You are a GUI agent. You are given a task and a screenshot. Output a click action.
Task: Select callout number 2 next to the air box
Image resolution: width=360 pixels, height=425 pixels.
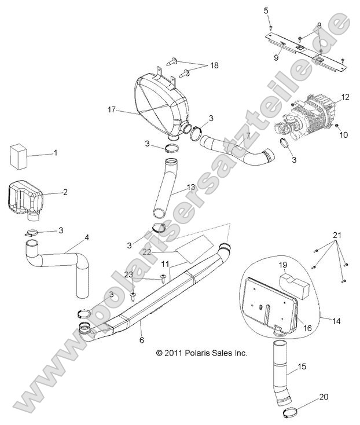tap(65, 192)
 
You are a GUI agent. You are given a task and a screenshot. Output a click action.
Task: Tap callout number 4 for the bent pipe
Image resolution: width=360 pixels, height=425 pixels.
tap(87, 237)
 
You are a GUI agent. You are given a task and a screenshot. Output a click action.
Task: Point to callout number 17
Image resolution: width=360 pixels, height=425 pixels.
tap(112, 108)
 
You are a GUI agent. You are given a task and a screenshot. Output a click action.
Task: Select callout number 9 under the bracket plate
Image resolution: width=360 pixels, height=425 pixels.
tap(277, 58)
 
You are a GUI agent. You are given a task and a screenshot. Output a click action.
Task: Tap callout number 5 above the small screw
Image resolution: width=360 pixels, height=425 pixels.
tap(266, 10)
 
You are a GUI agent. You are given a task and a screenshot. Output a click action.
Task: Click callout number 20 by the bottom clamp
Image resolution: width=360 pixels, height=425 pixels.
tap(323, 397)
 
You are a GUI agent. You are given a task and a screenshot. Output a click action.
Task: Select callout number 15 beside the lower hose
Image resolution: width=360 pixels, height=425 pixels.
tap(301, 367)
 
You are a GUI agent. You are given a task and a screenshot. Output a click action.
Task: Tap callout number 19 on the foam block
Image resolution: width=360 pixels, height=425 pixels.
tap(283, 265)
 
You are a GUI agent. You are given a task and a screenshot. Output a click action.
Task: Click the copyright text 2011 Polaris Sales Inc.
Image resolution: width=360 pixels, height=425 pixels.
tap(201, 353)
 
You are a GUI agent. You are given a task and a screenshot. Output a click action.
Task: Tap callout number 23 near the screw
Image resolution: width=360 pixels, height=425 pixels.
tap(128, 274)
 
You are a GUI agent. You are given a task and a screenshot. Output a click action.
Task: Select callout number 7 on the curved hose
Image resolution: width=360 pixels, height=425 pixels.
tap(215, 137)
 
